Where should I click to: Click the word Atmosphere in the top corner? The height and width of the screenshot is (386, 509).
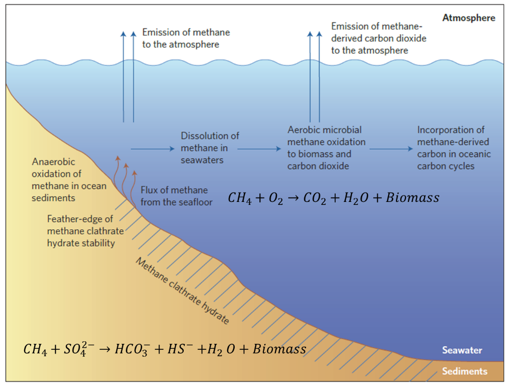click(468, 18)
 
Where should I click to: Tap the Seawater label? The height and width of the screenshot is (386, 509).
click(462, 350)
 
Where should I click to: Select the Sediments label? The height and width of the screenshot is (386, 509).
click(464, 371)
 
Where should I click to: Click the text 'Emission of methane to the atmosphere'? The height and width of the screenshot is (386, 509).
click(186, 38)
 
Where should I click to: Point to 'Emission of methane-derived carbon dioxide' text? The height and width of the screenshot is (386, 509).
click(379, 38)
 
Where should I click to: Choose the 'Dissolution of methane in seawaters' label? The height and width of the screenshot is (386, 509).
click(210, 148)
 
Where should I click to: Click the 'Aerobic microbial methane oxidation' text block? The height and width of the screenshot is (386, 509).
click(326, 148)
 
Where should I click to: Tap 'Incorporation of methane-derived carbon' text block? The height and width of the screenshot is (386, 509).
click(454, 148)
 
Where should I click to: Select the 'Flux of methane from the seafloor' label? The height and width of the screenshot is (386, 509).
click(174, 196)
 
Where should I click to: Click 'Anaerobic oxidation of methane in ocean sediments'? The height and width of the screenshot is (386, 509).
click(57, 180)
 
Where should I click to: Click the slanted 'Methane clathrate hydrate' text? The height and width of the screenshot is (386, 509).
click(183, 292)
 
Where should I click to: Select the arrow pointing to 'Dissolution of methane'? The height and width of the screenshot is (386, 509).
click(153, 148)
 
